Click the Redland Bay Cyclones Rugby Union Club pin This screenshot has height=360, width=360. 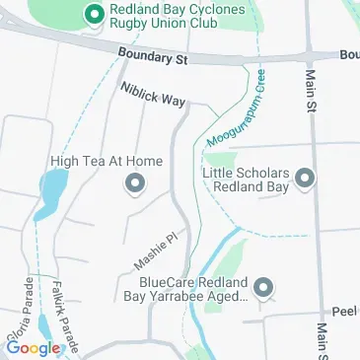pos(96,13)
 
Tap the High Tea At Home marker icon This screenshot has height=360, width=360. pos(135,183)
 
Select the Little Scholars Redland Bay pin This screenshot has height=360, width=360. pos(305,178)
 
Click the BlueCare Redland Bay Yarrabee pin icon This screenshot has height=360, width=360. pos(262,289)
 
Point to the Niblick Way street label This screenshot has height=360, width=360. pos(152,95)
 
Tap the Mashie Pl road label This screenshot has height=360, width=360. pos(154,252)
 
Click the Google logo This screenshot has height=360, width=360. pos(33,347)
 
